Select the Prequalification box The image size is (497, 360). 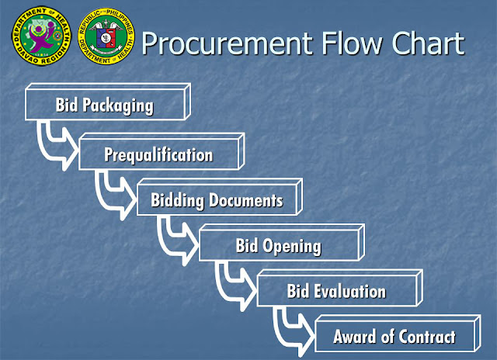(x=158, y=154)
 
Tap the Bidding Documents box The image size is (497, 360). (x=217, y=201)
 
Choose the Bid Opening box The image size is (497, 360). (x=278, y=247)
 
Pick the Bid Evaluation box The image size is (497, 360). (x=336, y=292)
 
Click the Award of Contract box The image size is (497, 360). (x=394, y=337)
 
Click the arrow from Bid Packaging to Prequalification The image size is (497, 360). (x=54, y=144)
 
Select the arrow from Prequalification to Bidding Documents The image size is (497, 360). (x=113, y=191)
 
